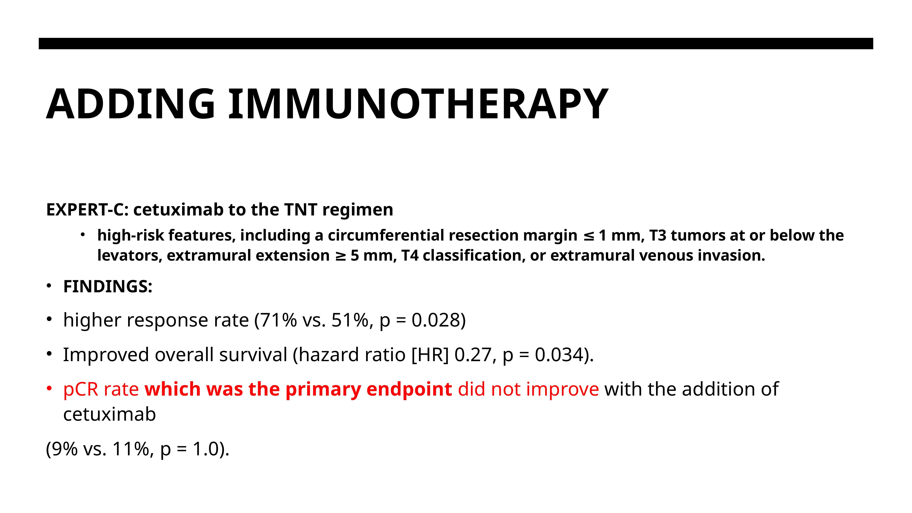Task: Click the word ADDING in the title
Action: pos(131,104)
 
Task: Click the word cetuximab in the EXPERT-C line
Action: pos(178,210)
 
